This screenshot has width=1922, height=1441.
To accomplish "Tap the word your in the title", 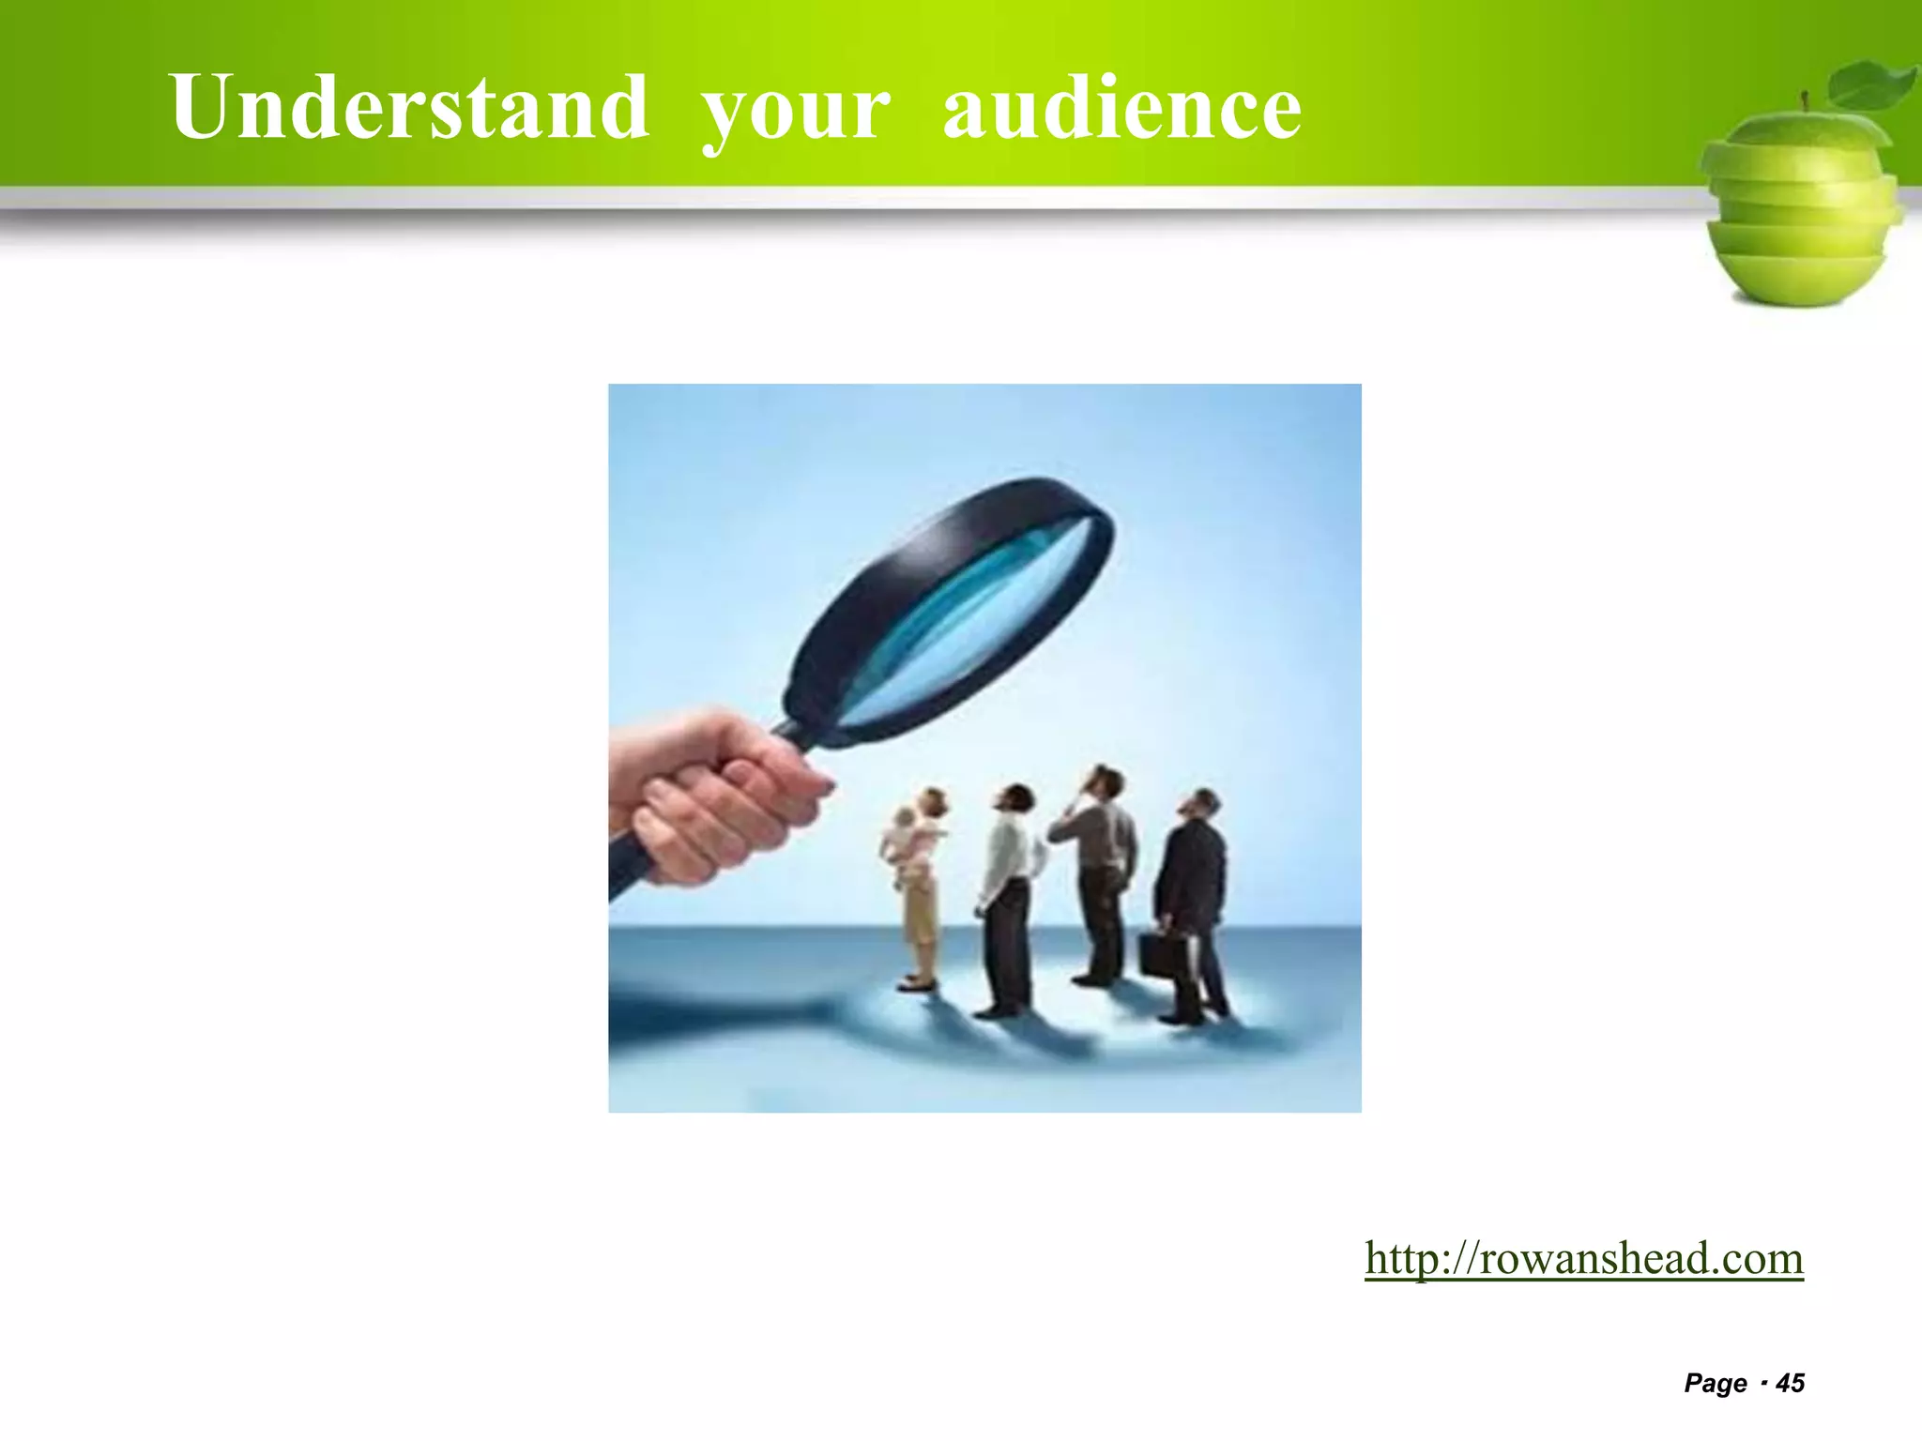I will click(796, 111).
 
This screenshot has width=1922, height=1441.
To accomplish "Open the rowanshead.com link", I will click(1584, 1258).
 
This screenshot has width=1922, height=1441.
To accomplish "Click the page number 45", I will click(1791, 1383).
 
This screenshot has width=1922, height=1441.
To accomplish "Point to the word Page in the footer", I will click(1716, 1383).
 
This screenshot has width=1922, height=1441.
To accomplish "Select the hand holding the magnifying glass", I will click(713, 797).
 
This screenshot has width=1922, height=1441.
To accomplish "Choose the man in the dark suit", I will click(1192, 901).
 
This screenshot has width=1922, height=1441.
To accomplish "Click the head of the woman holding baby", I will click(934, 803).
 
